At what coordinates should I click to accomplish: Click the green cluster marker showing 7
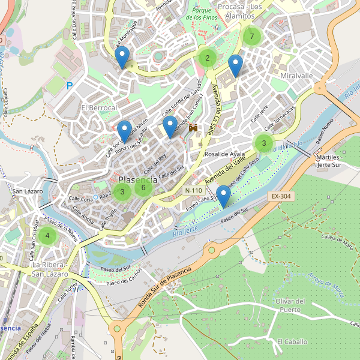(x=252, y=37)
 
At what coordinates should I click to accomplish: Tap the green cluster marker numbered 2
(x=207, y=58)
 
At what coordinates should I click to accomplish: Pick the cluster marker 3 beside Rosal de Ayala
(x=263, y=143)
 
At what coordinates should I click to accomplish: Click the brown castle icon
(x=193, y=128)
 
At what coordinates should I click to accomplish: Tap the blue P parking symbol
(x=70, y=86)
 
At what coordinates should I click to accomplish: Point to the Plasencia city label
(x=138, y=179)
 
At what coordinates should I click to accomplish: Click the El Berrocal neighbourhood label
(x=98, y=107)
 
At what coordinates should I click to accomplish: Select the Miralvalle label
(x=296, y=76)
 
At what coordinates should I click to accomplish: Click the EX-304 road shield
(x=280, y=196)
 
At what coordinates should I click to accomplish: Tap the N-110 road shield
(x=194, y=190)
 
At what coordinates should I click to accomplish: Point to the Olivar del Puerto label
(x=290, y=305)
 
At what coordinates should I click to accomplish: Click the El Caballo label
(x=292, y=341)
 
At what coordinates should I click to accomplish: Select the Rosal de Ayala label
(x=225, y=154)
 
